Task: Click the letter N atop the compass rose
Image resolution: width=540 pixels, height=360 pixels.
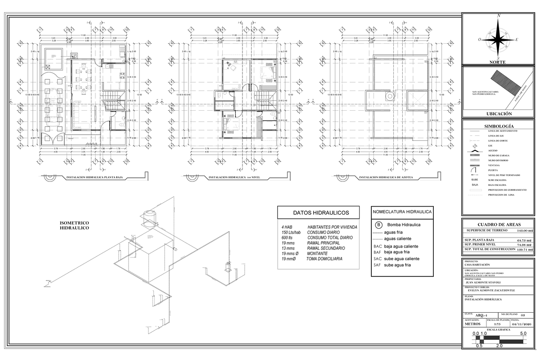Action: [x=499, y=16]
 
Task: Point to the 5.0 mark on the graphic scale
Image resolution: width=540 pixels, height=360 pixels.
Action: [x=523, y=334]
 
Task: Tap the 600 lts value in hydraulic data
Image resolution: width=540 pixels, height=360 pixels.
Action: [x=287, y=238]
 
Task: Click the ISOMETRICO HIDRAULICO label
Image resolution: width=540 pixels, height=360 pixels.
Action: [x=74, y=225]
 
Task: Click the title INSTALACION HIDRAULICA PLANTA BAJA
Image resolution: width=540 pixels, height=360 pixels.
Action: [x=94, y=178]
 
